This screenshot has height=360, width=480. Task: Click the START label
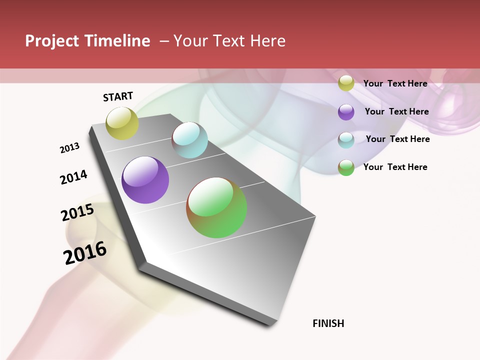coord(118,96)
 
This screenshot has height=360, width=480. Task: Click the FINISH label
coord(328,323)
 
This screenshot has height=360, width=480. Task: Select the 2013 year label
coord(70,148)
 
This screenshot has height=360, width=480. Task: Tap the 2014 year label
coord(73,177)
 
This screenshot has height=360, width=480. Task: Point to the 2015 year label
coord(77,212)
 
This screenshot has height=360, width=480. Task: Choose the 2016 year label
coord(85,253)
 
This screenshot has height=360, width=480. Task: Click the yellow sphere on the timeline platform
coord(122,123)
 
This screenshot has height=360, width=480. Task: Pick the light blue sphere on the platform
coord(189,140)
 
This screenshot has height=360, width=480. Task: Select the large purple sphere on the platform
coord(145,180)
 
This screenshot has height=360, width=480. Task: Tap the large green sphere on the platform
coord(216,207)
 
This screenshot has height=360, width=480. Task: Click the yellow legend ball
coord(346,83)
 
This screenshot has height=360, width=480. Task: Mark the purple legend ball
coord(346,112)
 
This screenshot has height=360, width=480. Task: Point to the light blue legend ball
coord(346,140)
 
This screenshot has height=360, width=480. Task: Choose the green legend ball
coord(346,167)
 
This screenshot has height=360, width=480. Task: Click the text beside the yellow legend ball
coord(395,83)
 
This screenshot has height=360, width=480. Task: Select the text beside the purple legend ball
coord(396,111)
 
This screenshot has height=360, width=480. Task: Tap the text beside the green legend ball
coord(395,167)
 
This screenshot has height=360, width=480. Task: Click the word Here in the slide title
coord(267,41)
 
